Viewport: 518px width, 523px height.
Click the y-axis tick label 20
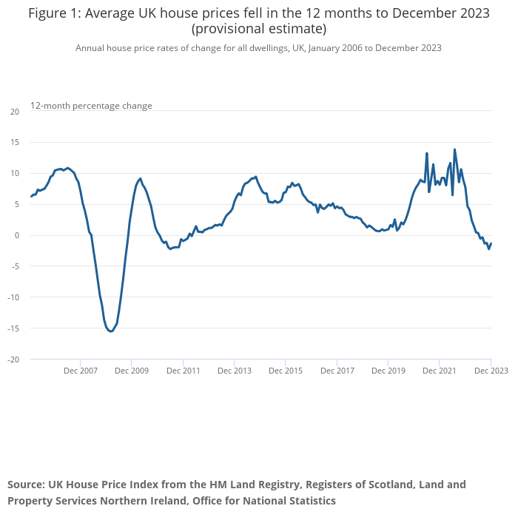pos(15,112)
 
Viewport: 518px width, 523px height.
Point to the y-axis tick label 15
pos(15,143)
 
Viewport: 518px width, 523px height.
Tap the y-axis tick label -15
pos(13,328)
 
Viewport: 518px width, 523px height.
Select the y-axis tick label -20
pos(13,360)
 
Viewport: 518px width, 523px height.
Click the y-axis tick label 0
pos(17,235)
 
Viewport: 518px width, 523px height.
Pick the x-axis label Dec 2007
pos(81,371)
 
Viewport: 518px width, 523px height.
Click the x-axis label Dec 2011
pos(183,371)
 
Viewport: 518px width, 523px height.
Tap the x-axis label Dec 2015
pos(286,371)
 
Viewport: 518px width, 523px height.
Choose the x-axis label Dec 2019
pos(388,371)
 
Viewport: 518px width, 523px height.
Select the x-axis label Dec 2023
pos(491,371)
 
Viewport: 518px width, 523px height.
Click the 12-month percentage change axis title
pos(91,106)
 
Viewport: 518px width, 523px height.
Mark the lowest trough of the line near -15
pos(110,331)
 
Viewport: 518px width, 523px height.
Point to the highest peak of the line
pos(454,149)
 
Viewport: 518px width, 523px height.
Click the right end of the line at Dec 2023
pos(491,243)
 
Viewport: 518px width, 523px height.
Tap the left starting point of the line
pos(31,196)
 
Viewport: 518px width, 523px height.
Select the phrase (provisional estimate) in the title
pos(258,30)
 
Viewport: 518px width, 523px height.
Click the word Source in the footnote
pos(26,485)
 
